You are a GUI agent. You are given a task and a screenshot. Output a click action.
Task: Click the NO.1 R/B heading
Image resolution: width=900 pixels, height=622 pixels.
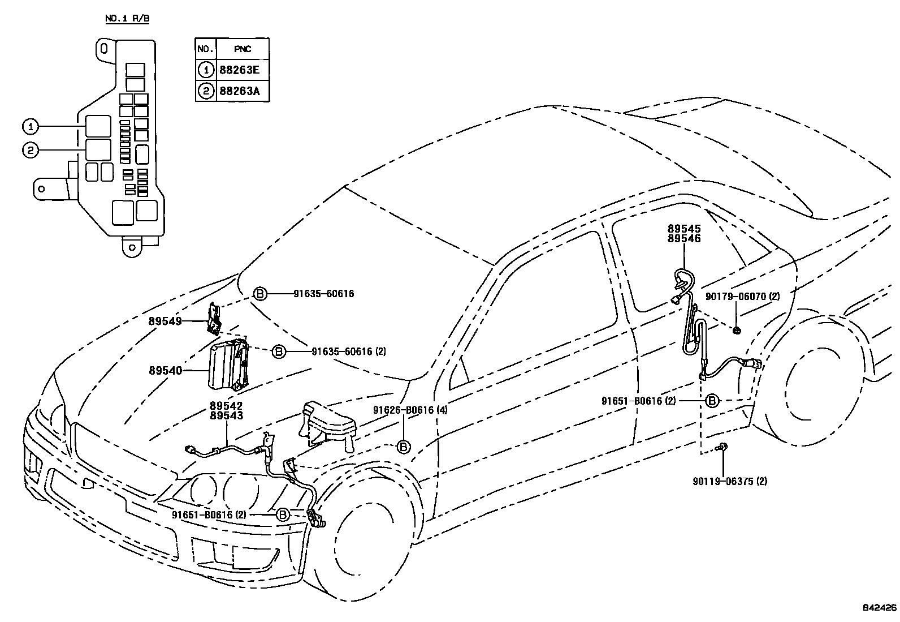[x=128, y=19]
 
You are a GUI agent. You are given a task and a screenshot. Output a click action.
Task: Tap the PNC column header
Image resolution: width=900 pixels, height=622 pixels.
[x=243, y=49]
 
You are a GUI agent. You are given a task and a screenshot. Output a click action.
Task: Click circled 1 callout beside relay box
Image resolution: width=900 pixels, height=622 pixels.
[x=30, y=126]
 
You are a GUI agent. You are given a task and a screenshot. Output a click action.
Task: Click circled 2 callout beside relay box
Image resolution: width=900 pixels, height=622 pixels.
[x=30, y=150]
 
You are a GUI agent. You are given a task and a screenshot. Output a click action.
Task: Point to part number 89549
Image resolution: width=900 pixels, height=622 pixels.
[x=165, y=321]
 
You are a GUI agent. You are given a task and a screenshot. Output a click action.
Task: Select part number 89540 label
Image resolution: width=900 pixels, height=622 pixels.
[x=165, y=371]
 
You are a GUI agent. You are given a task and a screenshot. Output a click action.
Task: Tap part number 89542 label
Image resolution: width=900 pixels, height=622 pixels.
[x=226, y=406]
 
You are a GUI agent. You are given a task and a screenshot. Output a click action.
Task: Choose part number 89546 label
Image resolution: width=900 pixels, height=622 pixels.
[x=683, y=239]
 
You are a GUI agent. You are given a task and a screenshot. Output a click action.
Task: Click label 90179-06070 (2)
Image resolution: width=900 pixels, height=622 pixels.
[x=743, y=296]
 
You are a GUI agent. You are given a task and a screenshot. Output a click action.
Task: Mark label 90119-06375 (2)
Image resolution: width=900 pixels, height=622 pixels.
[x=730, y=482]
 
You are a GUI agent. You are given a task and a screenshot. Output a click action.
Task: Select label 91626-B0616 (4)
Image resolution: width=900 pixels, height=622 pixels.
[x=410, y=410]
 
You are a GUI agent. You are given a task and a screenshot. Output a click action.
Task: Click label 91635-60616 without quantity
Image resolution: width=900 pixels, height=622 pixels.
[x=324, y=294]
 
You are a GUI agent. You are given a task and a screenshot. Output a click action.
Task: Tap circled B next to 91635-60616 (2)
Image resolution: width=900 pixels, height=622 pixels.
[x=279, y=351]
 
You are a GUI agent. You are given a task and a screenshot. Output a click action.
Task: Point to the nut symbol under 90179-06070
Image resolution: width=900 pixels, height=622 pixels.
[x=737, y=329]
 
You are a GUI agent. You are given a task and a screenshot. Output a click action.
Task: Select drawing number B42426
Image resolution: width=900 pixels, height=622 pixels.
[x=880, y=608]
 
